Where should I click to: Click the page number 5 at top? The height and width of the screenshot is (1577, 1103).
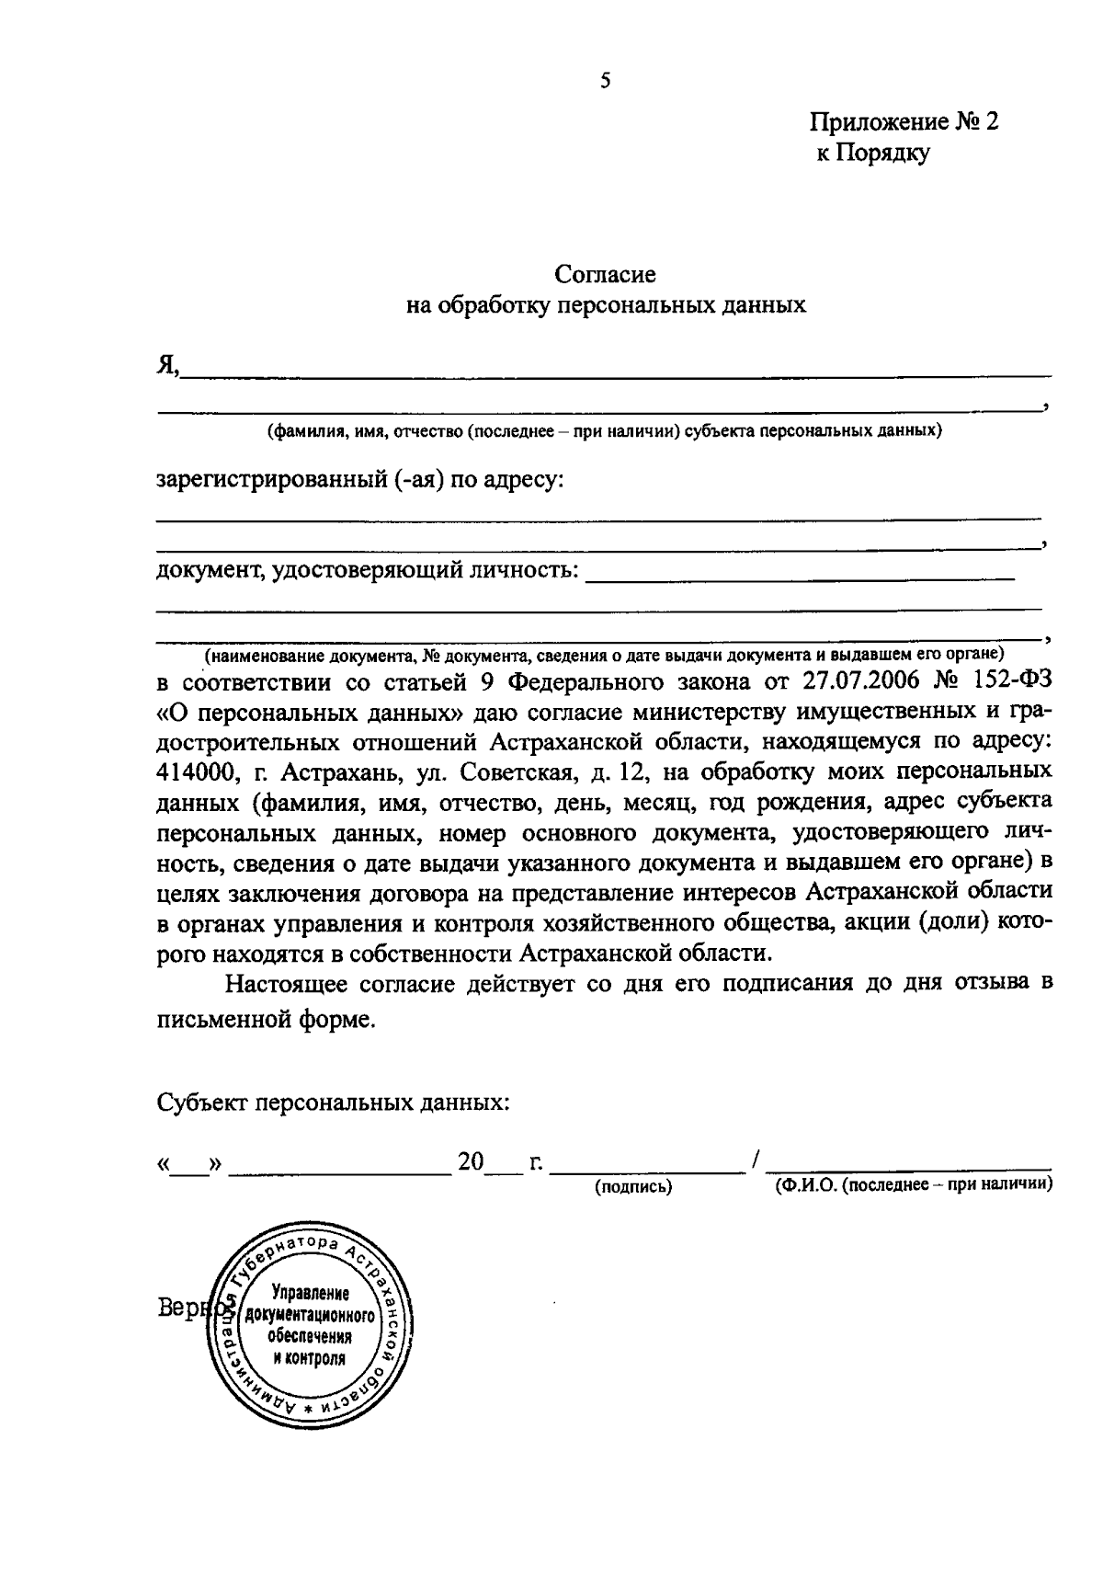(605, 81)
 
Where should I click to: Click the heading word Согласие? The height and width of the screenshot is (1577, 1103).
(605, 274)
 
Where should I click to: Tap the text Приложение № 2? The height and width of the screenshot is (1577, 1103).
(903, 122)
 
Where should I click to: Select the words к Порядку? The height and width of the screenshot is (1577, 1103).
(873, 153)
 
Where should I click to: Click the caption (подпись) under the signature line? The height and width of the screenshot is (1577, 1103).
(634, 1187)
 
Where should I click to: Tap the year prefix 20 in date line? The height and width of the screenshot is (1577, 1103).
(471, 1162)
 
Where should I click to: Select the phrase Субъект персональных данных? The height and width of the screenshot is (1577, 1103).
(333, 1102)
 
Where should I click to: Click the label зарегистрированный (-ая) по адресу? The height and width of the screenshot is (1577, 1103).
(360, 480)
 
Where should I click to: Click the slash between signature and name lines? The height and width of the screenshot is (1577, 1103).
(755, 1162)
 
